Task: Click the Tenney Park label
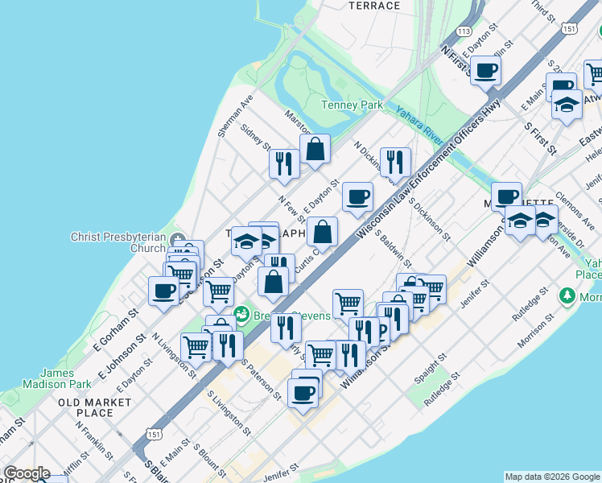pos(353,105)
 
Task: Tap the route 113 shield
pos(463,31)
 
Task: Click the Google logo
pos(26,473)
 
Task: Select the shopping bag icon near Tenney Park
pos(315,148)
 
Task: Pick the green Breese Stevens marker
pos(241,313)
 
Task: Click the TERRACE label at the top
pos(374,6)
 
